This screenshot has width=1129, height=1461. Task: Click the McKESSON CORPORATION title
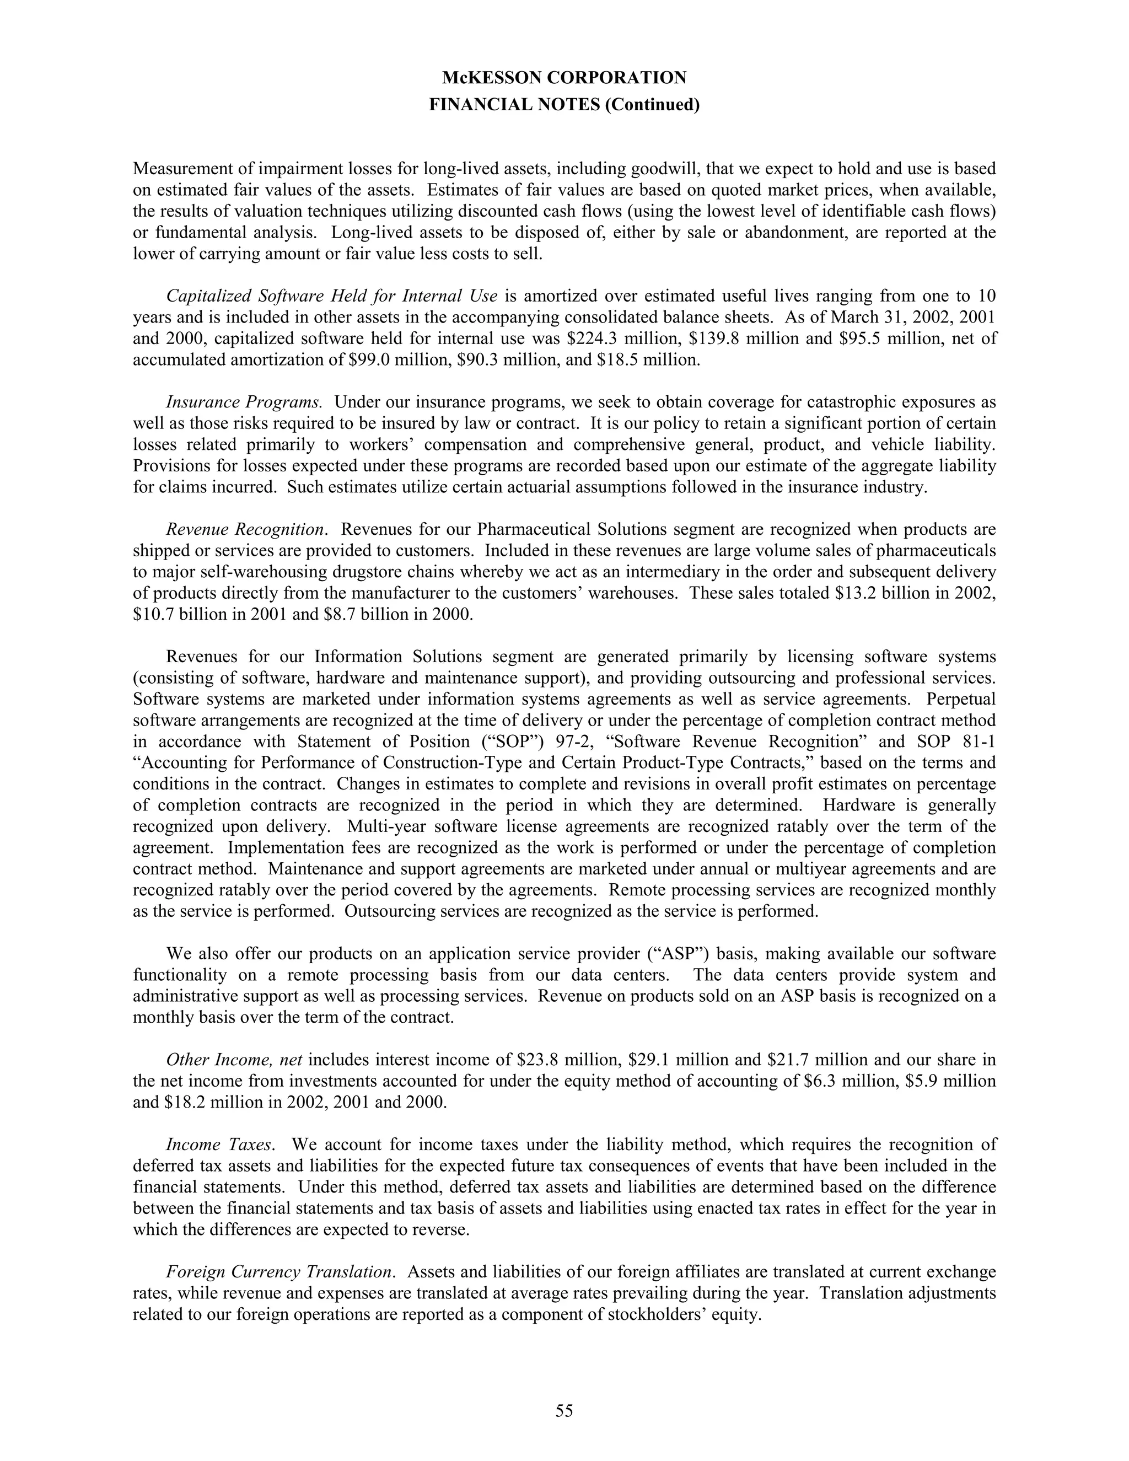click(x=564, y=78)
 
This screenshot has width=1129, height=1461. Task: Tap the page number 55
click(x=564, y=1411)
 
